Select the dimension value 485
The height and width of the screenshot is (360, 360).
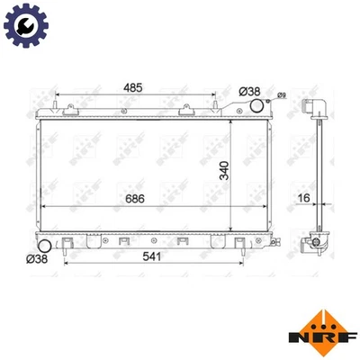(x=134, y=88)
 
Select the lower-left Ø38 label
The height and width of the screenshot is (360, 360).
(x=39, y=258)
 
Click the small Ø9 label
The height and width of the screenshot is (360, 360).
(x=281, y=95)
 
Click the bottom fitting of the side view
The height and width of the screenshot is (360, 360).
(x=314, y=240)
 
